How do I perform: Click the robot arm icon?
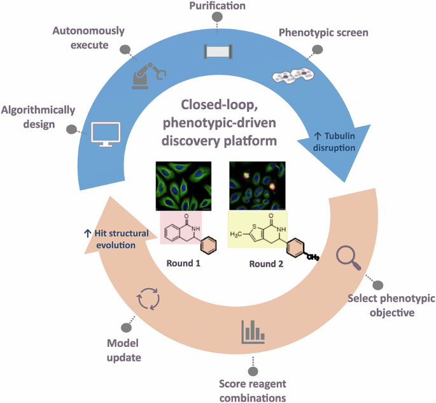(148, 76)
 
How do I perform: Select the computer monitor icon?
(106, 134)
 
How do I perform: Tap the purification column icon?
(218, 51)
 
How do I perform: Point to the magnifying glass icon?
(349, 258)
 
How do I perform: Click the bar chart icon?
(253, 332)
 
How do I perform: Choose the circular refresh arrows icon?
(148, 299)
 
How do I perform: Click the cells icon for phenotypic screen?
(293, 75)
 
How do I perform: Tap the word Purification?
(218, 6)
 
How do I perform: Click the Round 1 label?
(183, 263)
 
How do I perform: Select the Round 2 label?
(266, 264)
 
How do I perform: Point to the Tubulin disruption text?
(334, 142)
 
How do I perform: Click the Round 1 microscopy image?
(183, 186)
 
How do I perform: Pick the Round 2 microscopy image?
(257, 186)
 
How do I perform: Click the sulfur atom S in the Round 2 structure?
(254, 227)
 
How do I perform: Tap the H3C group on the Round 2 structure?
(236, 235)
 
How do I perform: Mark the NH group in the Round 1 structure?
(196, 229)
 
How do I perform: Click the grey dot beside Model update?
(126, 328)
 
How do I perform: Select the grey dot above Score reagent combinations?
(253, 371)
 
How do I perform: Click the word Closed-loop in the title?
(220, 105)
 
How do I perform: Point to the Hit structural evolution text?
(116, 239)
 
